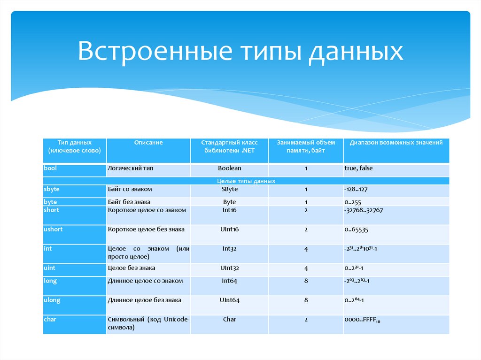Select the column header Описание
click(148, 142)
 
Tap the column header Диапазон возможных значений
click(396, 142)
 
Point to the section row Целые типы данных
click(246, 181)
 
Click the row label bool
click(50, 168)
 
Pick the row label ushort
click(53, 229)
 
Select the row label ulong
click(52, 300)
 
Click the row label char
click(50, 319)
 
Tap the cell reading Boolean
click(229, 168)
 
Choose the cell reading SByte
click(229, 189)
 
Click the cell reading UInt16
click(229, 229)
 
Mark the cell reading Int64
click(229, 281)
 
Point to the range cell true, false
click(358, 168)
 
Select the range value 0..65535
click(356, 230)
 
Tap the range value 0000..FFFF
click(362, 320)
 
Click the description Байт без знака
click(129, 202)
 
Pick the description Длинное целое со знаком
click(145, 281)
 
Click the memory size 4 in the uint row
click(306, 268)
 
